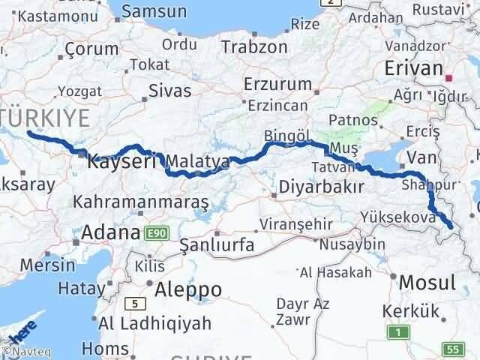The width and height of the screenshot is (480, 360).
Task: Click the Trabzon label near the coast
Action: (254, 46)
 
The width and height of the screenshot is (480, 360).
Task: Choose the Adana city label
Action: (112, 232)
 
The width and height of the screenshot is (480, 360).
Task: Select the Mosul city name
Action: (427, 283)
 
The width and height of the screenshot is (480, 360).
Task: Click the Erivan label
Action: (413, 68)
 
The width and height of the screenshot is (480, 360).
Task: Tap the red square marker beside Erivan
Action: (449, 77)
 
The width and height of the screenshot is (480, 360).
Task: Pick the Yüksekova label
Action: (409, 217)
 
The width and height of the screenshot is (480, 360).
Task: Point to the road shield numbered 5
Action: (135, 303)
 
